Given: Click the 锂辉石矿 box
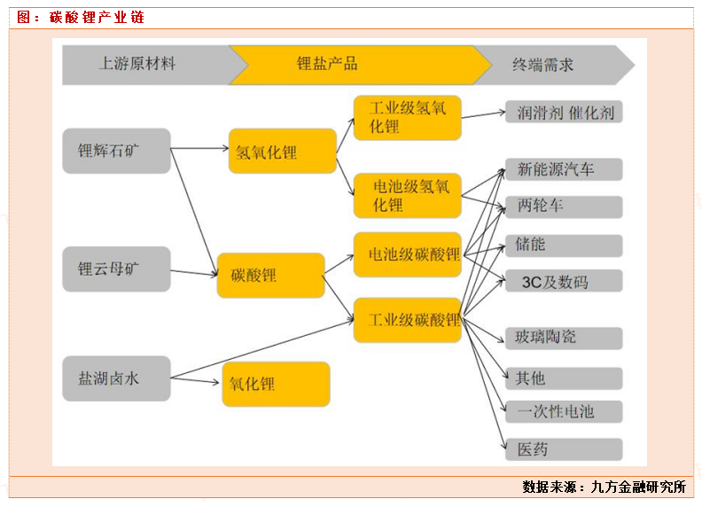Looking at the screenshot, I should pyautogui.click(x=116, y=151).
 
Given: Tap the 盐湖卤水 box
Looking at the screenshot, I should pyautogui.click(x=116, y=378).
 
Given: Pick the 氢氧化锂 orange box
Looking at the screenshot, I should pyautogui.click(x=282, y=152).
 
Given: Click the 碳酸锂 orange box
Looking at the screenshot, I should pyautogui.click(x=269, y=276).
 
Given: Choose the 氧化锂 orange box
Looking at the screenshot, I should pyautogui.click(x=276, y=385).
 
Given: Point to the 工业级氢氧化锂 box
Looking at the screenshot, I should pyautogui.click(x=407, y=118).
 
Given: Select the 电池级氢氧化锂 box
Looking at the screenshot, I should pyautogui.click(x=407, y=196).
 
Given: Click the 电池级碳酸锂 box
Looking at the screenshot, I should pyautogui.click(x=407, y=255).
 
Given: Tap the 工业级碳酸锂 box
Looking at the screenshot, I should pyautogui.click(x=407, y=320).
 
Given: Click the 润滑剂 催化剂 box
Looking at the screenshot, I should pyautogui.click(x=564, y=113).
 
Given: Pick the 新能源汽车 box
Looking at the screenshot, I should pyautogui.click(x=564, y=169).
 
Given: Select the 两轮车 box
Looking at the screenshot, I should pyautogui.click(x=564, y=207).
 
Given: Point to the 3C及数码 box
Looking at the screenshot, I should pyautogui.click(x=564, y=282).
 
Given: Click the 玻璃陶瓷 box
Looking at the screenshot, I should pyautogui.click(x=564, y=337).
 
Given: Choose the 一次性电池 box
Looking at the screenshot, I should pyautogui.click(x=564, y=411).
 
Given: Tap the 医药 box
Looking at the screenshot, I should pyautogui.click(x=564, y=449).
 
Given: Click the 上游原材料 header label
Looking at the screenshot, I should pyautogui.click(x=137, y=64).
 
